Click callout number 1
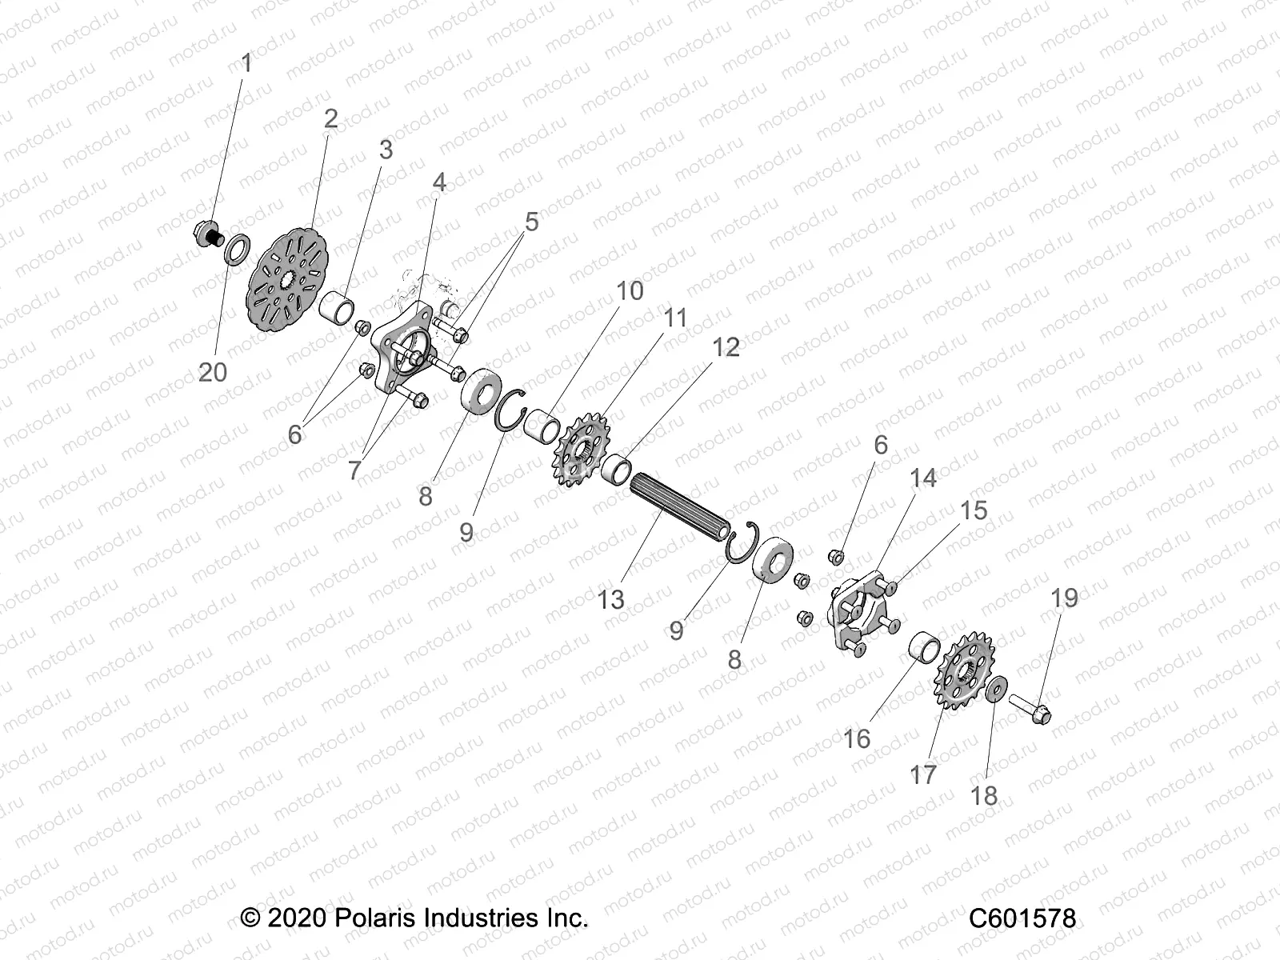[246, 63]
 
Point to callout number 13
[610, 599]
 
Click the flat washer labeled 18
[994, 690]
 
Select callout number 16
[856, 738]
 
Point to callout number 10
[630, 290]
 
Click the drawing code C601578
[1022, 918]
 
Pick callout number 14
[922, 478]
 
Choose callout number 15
[974, 510]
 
